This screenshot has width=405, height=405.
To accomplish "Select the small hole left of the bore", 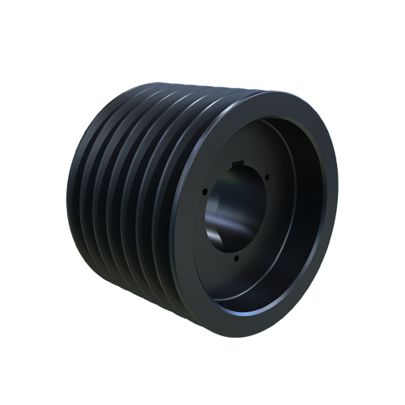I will (x=205, y=193).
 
